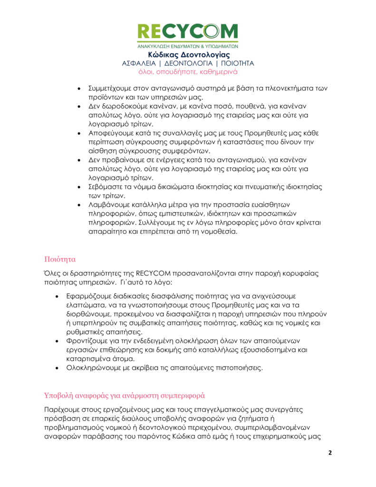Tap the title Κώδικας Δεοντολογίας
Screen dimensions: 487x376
[188, 55]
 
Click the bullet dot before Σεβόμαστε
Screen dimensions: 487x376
[78, 187]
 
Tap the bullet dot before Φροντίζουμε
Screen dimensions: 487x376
[57, 341]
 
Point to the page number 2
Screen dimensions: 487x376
[330, 452]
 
